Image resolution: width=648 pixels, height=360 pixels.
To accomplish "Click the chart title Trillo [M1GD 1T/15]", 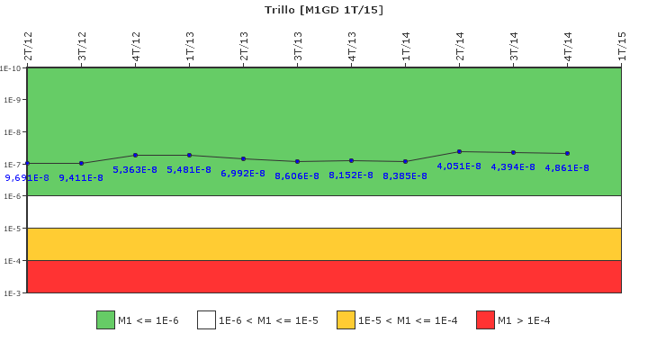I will point(324,10).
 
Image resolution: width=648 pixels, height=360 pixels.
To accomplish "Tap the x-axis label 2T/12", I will point(28,46).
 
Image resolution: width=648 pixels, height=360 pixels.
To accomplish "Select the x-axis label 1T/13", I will point(190,46).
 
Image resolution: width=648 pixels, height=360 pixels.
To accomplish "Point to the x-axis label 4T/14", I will point(568,46).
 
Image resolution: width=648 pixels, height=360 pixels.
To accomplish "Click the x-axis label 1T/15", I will point(622,46).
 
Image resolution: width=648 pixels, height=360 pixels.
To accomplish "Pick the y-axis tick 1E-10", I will point(11,67).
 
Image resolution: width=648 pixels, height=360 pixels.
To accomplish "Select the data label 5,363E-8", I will point(135,169).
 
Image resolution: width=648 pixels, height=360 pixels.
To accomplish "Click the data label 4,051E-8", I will point(459,166).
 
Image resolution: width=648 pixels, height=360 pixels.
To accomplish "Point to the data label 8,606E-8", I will point(297,175).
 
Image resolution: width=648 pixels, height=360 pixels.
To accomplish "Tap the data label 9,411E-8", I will point(81,177).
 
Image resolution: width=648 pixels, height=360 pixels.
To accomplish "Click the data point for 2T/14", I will point(459,151).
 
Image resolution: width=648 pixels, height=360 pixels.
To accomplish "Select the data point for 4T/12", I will point(135,155).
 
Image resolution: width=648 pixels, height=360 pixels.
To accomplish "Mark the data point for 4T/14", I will point(567,153).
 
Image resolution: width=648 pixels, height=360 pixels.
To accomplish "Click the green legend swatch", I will point(105,320).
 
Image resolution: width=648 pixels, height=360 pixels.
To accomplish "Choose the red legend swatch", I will point(485,320).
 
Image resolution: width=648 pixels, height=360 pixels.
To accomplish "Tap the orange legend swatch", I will point(346,320).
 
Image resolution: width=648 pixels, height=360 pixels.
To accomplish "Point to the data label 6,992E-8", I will point(243,173).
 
